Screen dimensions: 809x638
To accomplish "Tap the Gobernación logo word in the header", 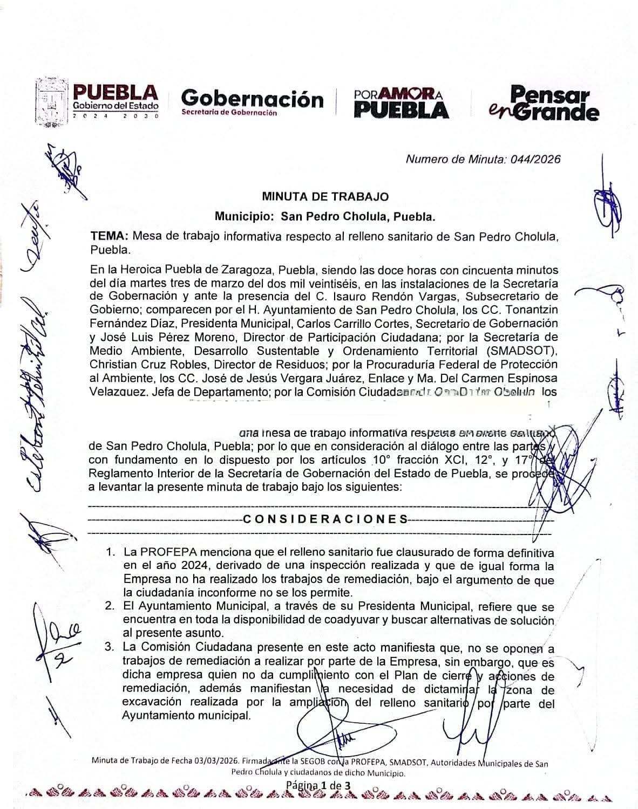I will [253, 99].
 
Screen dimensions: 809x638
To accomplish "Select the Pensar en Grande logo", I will [544, 103].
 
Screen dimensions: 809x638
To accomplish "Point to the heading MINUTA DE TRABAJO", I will [325, 197].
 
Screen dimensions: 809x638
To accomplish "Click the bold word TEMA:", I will [110, 236].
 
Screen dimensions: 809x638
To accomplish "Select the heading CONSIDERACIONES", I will [326, 519].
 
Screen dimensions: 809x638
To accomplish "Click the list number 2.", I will [110, 606].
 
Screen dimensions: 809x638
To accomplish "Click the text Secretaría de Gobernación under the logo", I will [229, 113].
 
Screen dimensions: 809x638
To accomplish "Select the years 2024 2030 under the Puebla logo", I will [116, 116].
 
